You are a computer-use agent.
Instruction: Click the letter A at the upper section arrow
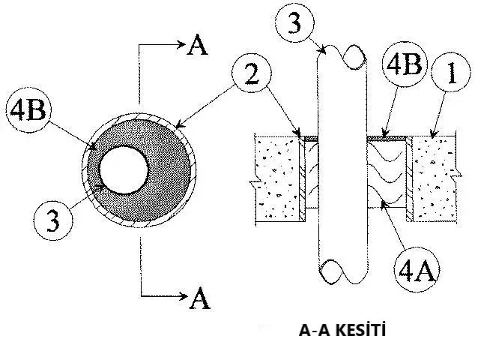pyautogui.click(x=197, y=46)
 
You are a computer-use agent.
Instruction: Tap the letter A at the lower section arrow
pyautogui.click(x=199, y=298)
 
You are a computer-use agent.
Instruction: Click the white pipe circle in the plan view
pyautogui.click(x=124, y=168)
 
